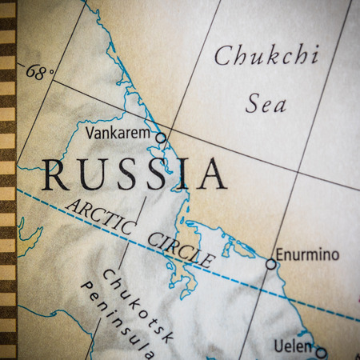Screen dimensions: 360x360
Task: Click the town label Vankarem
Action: tap(117, 132)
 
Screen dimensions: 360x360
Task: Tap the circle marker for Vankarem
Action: tap(161, 138)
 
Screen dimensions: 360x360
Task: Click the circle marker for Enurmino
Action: tap(271, 263)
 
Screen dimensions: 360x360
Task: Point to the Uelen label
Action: tap(291, 346)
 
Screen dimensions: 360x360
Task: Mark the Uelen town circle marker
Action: tap(321, 352)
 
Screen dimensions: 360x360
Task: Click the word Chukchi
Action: tap(266, 57)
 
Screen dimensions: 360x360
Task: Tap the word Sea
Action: tap(265, 103)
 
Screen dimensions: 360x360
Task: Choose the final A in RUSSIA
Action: tap(212, 174)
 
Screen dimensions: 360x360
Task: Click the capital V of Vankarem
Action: tap(89, 132)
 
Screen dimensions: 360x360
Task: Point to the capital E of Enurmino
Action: tap(280, 255)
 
